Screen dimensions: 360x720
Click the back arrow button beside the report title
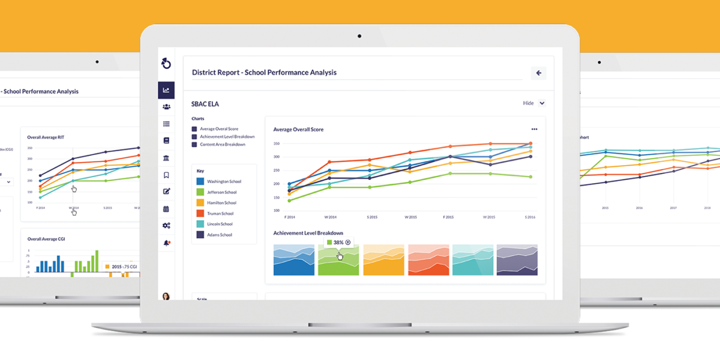pos(538,73)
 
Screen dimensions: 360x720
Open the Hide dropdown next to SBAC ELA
pos(542,103)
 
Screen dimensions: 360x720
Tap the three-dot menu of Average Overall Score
pos(534,129)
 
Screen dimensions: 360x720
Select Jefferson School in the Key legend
pos(221,192)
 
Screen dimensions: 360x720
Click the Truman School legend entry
pos(220,214)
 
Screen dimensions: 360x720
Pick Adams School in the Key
pos(219,235)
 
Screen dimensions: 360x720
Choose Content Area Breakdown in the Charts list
pos(222,145)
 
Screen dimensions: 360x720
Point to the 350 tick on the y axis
pos(277,143)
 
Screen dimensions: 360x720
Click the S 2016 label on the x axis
pos(529,217)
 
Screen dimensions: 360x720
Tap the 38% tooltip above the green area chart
pos(338,242)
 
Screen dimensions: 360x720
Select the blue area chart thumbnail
pos(294,260)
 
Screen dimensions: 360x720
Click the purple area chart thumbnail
pos(517,260)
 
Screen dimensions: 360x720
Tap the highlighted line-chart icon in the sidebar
pos(166,91)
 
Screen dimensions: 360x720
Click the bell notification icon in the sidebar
pos(166,243)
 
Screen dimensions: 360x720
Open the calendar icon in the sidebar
pos(166,209)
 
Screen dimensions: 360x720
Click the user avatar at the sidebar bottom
pos(166,296)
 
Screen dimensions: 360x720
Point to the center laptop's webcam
pos(359,35)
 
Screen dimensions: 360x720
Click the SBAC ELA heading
pos(205,104)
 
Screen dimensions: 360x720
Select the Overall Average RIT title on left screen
pos(46,137)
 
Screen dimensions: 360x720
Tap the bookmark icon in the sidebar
pos(166,175)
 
